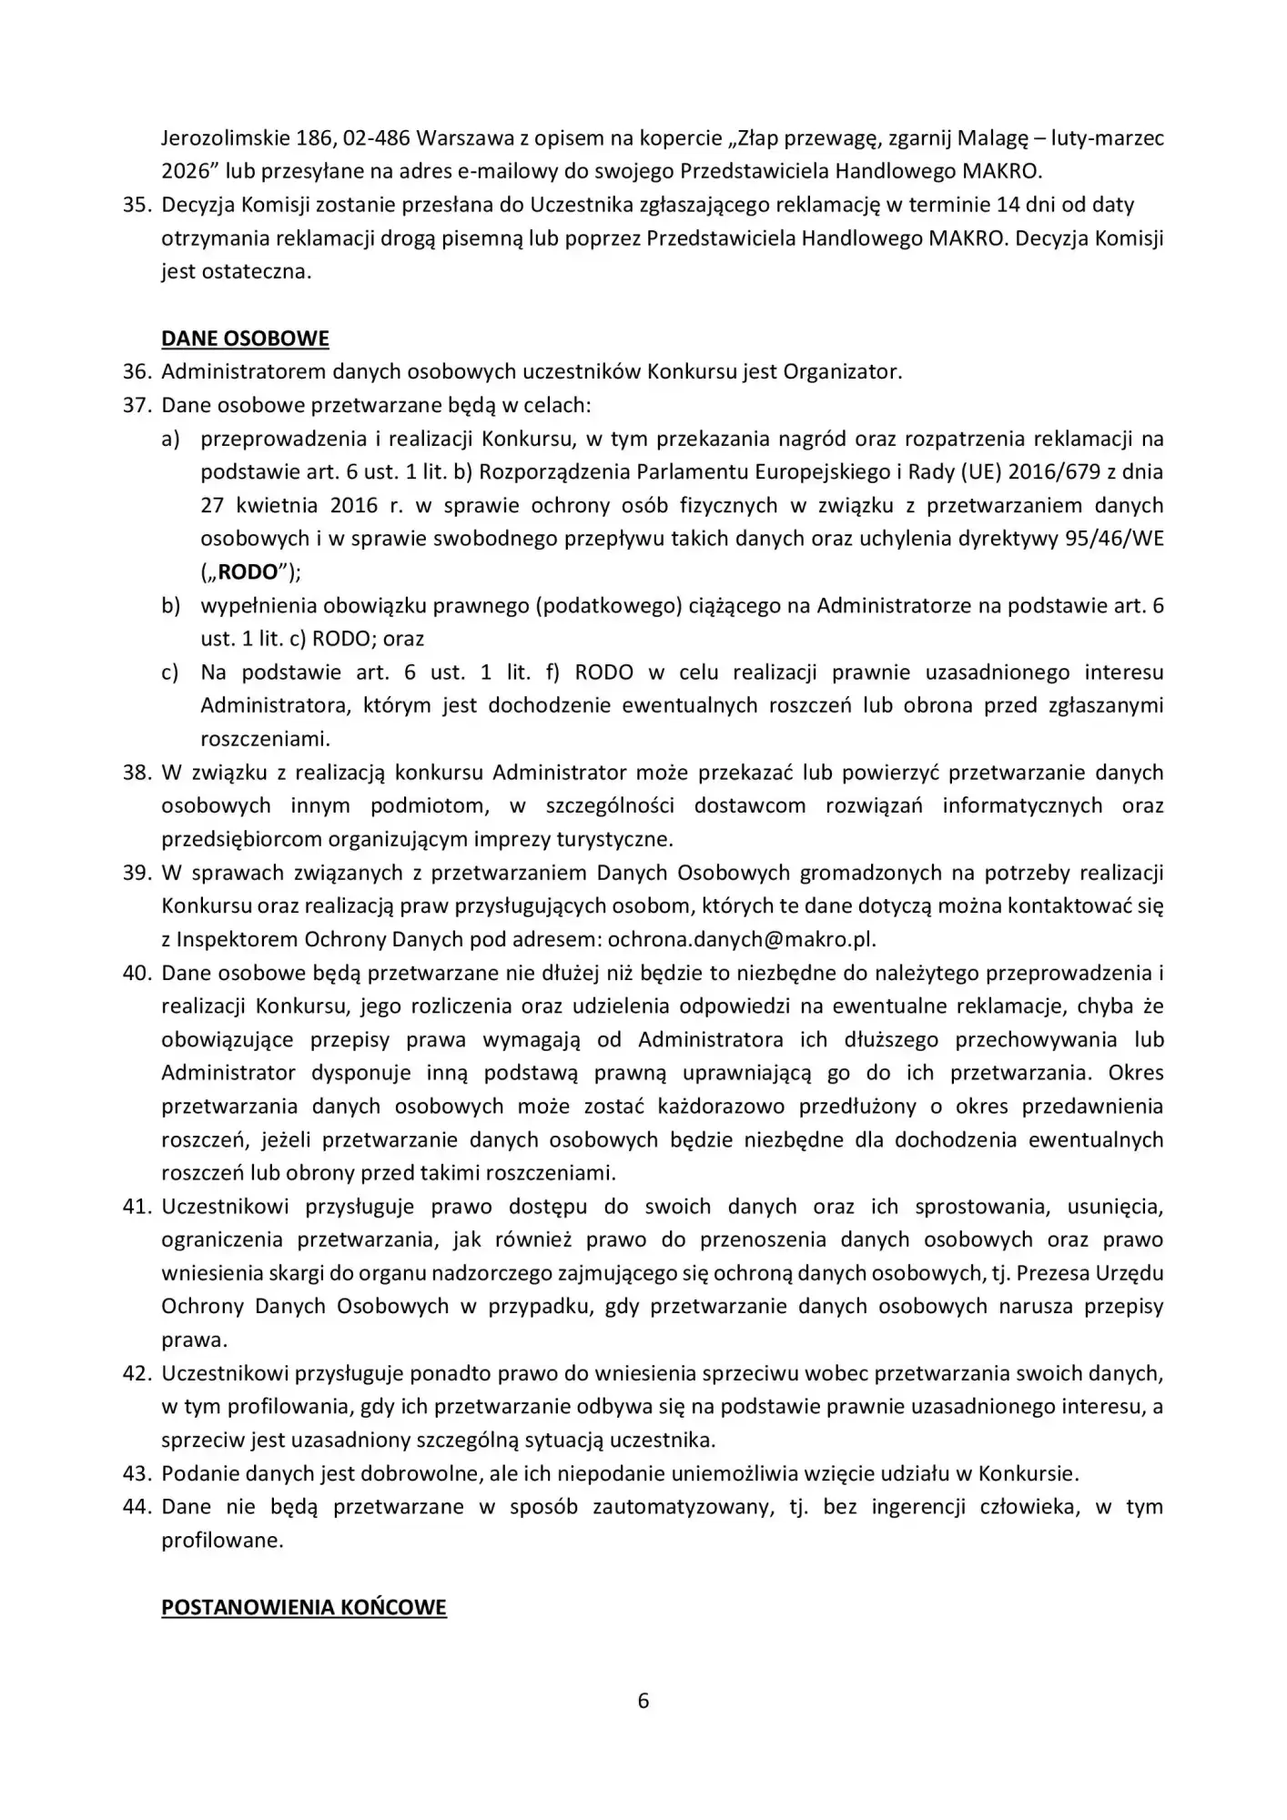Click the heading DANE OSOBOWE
(245, 339)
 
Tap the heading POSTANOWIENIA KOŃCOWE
(304, 1607)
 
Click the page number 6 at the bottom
(643, 1701)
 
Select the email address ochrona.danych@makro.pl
(741, 939)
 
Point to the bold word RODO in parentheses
(249, 571)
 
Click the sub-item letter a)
(170, 439)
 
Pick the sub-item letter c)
(170, 672)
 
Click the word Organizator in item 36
(842, 371)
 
